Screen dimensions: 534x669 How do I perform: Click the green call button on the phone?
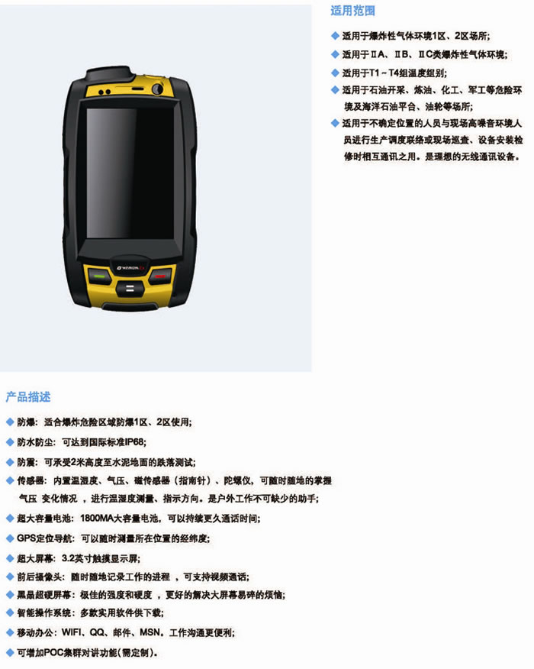99,276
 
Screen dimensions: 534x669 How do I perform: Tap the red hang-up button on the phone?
160,276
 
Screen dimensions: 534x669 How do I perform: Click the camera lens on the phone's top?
158,89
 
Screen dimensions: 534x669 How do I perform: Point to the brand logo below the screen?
131,267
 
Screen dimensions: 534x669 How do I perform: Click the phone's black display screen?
130,173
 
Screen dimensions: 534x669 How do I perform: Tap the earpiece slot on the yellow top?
137,89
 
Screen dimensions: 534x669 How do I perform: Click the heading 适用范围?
353,11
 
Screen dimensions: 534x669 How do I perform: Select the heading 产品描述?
28,397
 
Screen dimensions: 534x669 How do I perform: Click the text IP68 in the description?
135,441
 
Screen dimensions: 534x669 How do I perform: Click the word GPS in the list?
26,538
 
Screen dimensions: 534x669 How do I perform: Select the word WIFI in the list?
71,632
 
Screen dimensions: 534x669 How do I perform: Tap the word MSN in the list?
150,632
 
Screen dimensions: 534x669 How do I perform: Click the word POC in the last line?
53,652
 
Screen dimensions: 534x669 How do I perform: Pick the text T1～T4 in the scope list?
388,73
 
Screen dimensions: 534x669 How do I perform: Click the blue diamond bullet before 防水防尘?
10,442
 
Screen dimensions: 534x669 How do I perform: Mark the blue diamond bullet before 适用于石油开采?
335,89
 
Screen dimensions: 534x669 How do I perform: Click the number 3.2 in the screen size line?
68,558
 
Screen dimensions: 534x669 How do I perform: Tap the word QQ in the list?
97,632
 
